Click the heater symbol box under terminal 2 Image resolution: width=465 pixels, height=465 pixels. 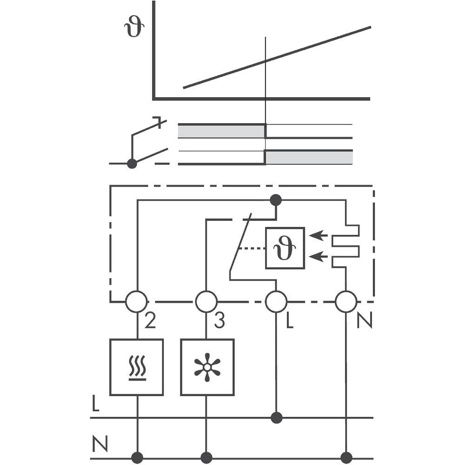(137, 367)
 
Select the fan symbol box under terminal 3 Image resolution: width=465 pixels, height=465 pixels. (207, 367)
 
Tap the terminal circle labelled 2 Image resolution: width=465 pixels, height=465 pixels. (137, 302)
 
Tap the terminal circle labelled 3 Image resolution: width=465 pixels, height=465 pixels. (206, 302)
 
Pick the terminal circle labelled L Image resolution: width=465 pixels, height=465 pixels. (276, 302)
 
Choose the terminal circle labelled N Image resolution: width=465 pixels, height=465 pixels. (346, 302)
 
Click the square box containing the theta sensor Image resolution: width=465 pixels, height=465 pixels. (285, 248)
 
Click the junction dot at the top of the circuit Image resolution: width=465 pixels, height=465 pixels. (276, 200)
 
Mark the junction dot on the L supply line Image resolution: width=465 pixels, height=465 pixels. (276, 418)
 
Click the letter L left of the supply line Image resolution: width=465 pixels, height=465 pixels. (95, 404)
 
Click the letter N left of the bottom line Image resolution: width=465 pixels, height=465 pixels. (100, 445)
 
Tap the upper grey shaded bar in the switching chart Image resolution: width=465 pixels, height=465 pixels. (221, 132)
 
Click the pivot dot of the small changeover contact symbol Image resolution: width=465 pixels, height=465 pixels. (132, 163)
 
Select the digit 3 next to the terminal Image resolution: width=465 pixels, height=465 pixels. (219, 320)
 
